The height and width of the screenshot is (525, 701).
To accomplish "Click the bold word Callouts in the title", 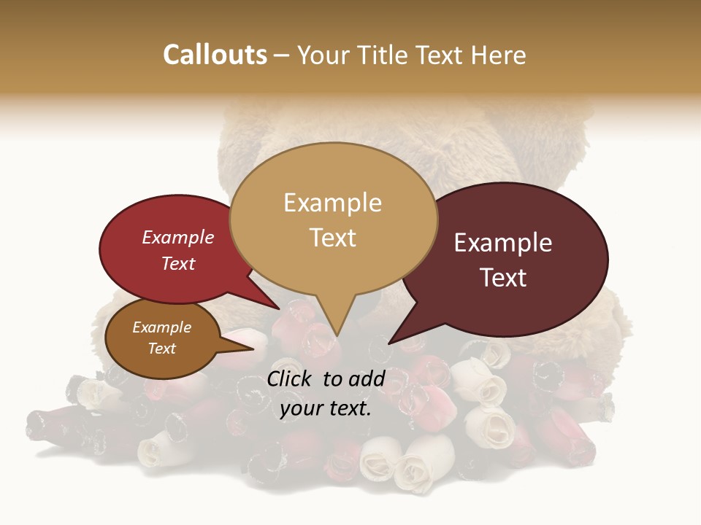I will click(215, 55).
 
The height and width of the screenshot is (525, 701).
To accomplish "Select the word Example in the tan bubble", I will click(332, 203).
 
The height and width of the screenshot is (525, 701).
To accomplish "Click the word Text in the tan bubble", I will click(332, 238).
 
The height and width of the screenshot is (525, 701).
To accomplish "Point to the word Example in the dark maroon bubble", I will click(503, 243).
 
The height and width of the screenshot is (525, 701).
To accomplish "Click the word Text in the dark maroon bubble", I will click(503, 278).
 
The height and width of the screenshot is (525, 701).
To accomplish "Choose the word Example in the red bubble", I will click(177, 237).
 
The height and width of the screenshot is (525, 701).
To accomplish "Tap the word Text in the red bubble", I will click(177, 263).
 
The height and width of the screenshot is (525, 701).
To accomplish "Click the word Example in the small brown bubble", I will click(161, 327).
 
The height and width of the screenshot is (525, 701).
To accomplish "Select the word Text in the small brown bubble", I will click(161, 349).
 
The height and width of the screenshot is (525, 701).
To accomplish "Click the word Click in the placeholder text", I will click(291, 378).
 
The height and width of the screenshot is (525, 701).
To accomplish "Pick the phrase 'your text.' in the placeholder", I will click(326, 408).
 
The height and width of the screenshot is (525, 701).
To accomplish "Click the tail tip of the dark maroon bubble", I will click(390, 343).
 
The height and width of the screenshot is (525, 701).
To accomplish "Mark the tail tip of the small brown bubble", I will click(254, 349).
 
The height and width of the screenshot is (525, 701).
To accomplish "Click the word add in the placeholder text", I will click(367, 378).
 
